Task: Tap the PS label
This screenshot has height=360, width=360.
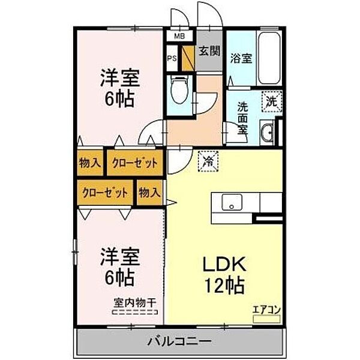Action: [172, 59]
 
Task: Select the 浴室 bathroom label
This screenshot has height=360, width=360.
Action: [241, 59]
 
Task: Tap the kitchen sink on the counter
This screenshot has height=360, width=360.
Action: [232, 202]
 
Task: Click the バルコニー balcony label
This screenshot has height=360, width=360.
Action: [179, 341]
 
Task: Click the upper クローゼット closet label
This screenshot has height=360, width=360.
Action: [135, 163]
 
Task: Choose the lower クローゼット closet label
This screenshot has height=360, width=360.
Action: [105, 193]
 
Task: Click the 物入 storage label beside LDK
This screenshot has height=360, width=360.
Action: [149, 193]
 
